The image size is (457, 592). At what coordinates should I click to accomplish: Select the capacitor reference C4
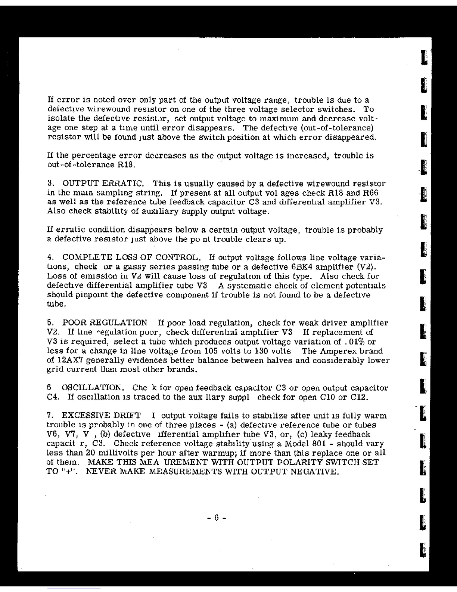(54, 397)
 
